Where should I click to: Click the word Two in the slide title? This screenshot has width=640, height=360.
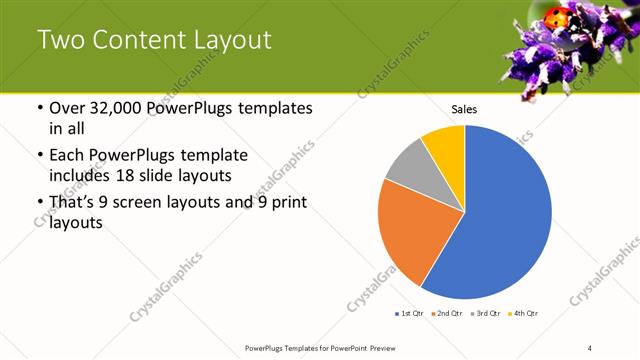tap(59, 41)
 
